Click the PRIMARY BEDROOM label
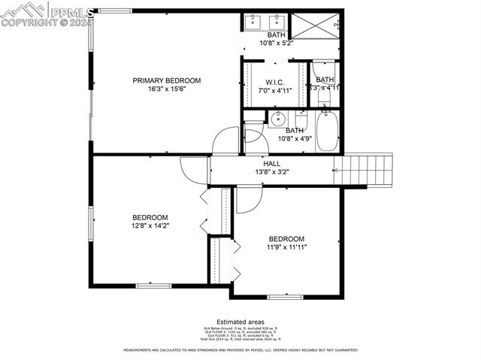(167, 80)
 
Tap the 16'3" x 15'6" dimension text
(167, 89)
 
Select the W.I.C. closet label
(274, 83)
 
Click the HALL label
(271, 163)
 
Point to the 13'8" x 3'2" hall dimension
(271, 171)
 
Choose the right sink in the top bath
(277, 21)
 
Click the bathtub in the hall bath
(328, 131)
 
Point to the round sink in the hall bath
(277, 119)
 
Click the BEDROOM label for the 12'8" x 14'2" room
(150, 217)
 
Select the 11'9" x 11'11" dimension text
(286, 247)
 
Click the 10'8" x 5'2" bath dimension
(277, 44)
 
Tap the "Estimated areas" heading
(240, 322)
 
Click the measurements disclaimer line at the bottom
(240, 350)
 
